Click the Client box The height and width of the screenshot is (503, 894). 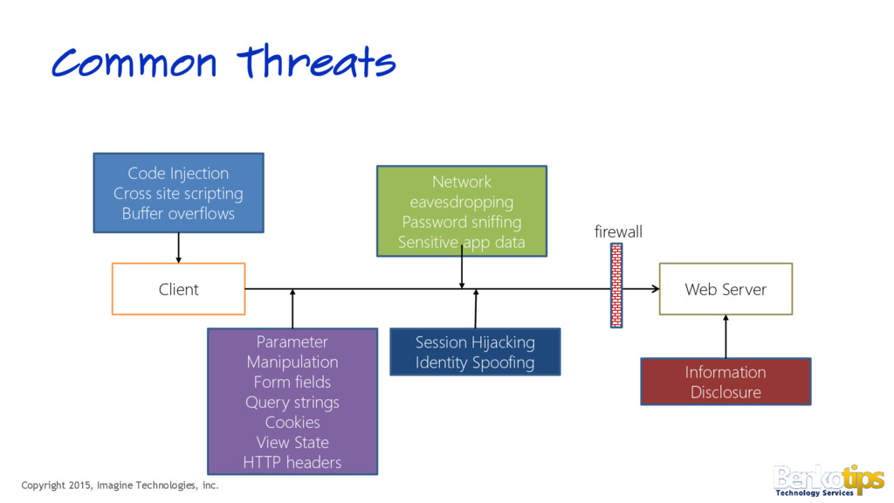[x=178, y=289]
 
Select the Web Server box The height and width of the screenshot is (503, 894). [x=726, y=289]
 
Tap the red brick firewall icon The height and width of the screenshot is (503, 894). [x=616, y=285]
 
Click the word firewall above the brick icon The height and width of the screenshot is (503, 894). [x=617, y=231]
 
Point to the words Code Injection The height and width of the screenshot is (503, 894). [x=178, y=173]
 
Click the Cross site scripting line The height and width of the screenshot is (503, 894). [x=178, y=193]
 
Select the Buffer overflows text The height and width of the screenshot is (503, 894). [x=178, y=213]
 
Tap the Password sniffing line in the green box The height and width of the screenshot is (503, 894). [x=461, y=222]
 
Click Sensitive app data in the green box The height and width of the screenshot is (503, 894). [x=461, y=242]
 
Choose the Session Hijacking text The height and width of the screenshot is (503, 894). [x=475, y=341]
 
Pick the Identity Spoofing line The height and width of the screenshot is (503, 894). [x=475, y=362]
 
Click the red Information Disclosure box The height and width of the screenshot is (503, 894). [x=726, y=382]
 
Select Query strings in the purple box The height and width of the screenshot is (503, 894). [x=292, y=402]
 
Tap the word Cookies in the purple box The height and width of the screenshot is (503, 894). [x=292, y=422]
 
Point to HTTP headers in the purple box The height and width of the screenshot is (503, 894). [x=292, y=462]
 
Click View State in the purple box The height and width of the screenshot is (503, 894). [x=292, y=442]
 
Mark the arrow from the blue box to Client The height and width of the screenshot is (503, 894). [x=178, y=248]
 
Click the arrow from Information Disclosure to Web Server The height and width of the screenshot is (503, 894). [x=726, y=336]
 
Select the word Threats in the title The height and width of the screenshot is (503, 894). [x=317, y=63]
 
